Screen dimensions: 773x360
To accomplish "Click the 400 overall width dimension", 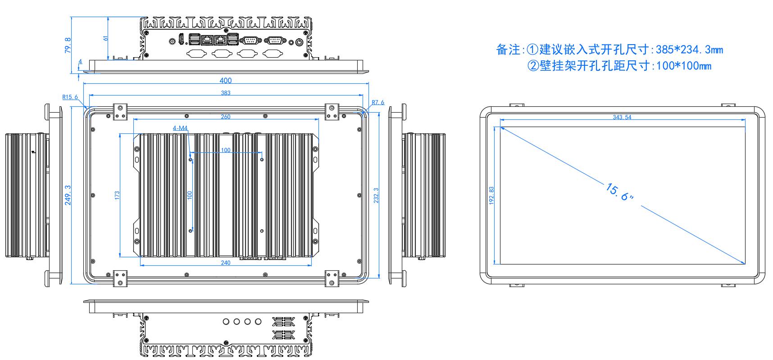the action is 226,81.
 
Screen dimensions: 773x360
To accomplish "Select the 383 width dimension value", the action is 226,93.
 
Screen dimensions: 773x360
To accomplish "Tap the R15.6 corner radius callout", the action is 70,97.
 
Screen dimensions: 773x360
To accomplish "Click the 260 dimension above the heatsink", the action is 226,117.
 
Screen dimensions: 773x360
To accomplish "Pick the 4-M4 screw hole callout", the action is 180,128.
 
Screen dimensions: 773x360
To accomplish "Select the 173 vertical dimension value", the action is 118,196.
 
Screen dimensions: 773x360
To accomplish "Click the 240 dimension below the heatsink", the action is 226,263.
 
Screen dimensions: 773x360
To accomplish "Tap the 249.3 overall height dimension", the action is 68,195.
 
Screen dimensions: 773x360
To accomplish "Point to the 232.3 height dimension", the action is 377,196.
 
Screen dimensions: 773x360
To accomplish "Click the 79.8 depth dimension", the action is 68,45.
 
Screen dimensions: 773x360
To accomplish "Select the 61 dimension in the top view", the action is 106,38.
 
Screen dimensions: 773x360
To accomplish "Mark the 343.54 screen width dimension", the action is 622,117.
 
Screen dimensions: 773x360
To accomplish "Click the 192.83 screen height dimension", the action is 491,196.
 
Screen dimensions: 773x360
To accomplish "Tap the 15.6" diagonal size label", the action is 620,192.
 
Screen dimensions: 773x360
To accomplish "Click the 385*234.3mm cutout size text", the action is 689,50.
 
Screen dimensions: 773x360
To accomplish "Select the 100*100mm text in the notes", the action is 684,66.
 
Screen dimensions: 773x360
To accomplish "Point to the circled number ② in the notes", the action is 533,66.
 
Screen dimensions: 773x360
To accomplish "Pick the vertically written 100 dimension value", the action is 190,195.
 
